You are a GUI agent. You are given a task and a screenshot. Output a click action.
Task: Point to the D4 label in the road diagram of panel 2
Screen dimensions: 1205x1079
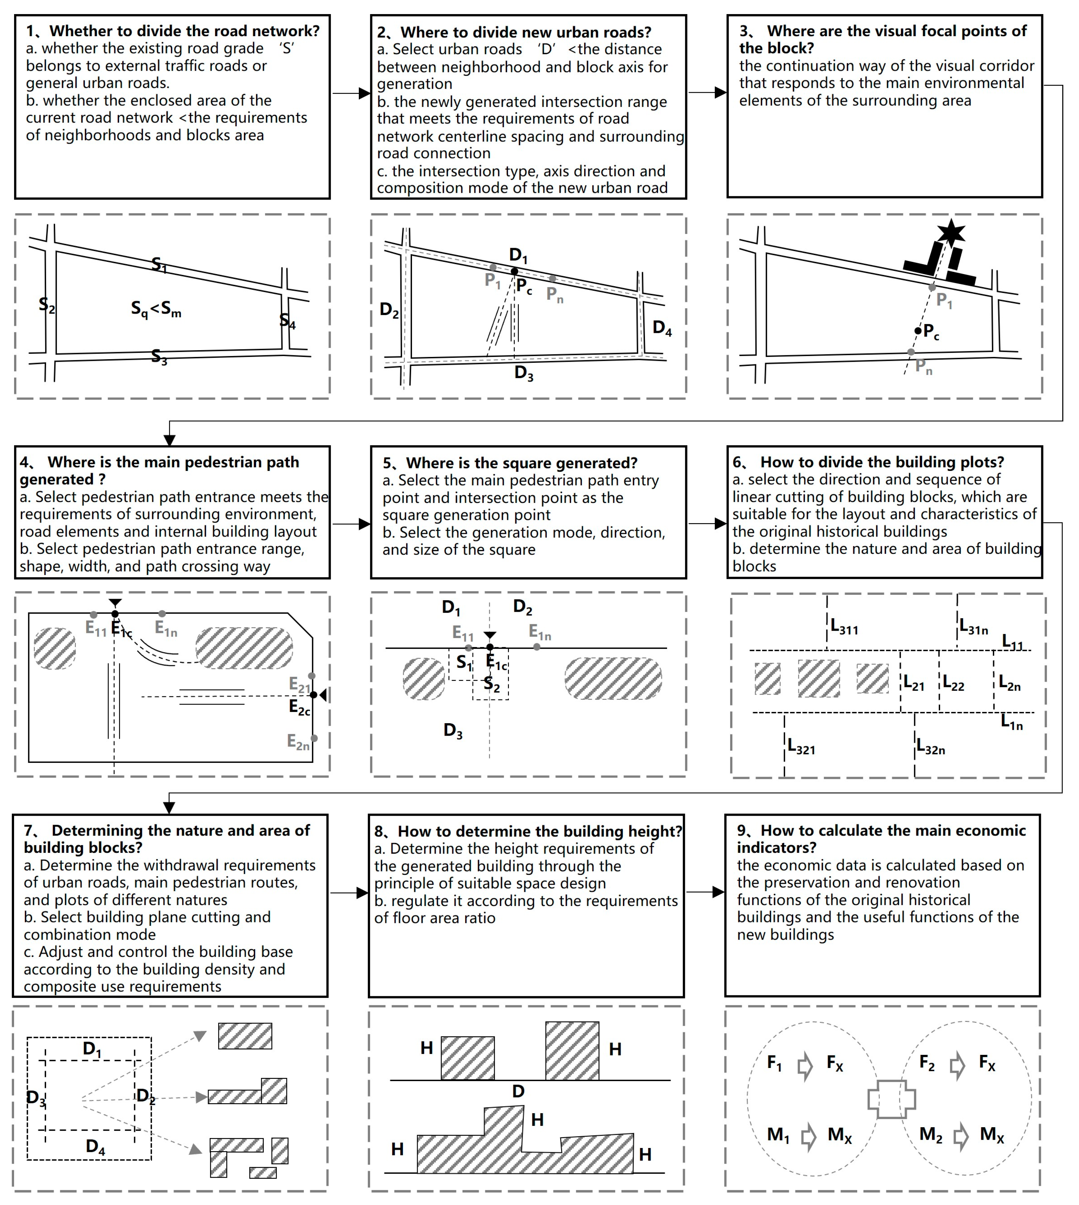click(x=662, y=328)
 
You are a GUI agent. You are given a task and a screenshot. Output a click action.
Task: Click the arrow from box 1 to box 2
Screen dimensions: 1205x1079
click(x=351, y=93)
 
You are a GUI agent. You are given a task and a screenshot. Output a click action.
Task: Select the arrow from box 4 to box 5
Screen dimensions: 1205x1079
click(x=351, y=524)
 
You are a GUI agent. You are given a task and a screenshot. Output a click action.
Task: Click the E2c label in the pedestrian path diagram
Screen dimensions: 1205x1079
click(x=299, y=708)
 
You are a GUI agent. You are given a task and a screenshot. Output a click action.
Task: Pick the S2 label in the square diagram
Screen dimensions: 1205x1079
click(x=491, y=684)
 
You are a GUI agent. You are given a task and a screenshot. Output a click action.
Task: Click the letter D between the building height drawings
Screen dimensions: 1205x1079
click(x=518, y=1091)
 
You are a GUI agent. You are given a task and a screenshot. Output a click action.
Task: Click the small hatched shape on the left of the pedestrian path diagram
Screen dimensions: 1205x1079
click(x=54, y=648)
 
